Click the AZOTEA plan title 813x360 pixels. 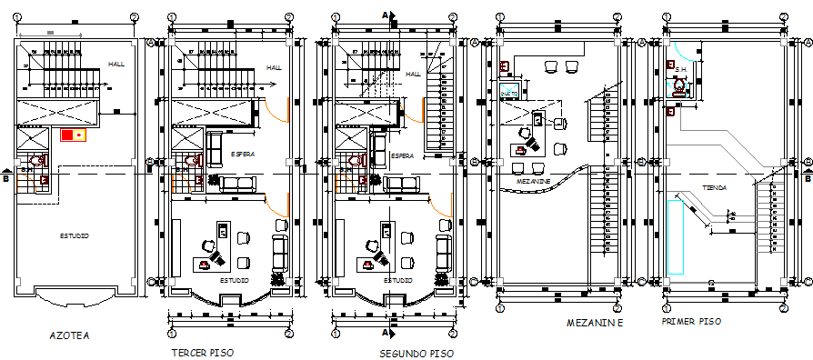(x=69, y=335)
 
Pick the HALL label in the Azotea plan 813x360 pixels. (x=116, y=64)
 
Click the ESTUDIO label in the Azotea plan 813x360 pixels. (x=75, y=236)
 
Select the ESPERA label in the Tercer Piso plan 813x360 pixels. (x=242, y=155)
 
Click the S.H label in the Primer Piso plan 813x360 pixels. (x=680, y=69)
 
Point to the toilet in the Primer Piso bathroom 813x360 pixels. (x=678, y=88)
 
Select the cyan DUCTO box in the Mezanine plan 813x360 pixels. (x=509, y=91)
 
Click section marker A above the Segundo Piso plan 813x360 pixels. (x=386, y=14)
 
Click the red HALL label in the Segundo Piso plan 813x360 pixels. (x=413, y=75)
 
